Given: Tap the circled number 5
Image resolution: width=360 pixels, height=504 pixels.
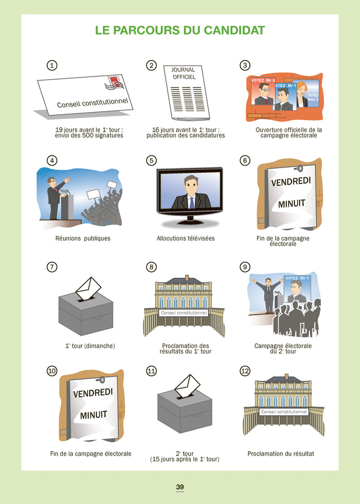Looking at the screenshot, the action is point(151,160).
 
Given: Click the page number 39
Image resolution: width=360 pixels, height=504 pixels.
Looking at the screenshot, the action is point(179,487).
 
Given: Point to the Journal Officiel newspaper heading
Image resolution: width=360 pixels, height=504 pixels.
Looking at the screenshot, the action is point(184,73).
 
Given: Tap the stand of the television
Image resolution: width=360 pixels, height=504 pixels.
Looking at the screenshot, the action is point(190,221).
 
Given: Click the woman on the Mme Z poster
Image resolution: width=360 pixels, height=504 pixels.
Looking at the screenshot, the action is point(302,95).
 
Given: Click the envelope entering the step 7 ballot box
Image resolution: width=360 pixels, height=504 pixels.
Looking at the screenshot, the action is point(88,288).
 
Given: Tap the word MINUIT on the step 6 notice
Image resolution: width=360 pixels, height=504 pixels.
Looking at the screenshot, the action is point(292,204).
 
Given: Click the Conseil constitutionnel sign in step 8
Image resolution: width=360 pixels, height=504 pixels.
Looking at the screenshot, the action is point(184,313).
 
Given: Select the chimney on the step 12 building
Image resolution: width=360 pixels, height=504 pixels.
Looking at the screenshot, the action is point(286,377).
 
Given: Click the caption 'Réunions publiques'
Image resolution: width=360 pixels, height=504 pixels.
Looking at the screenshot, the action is point(83,238).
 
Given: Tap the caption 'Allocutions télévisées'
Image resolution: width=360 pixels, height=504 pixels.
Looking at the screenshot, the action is point(186,238).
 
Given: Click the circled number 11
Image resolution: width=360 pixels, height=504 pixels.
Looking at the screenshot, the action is point(151,371).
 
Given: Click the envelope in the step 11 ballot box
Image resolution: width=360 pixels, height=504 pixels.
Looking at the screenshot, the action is point(187,386).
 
